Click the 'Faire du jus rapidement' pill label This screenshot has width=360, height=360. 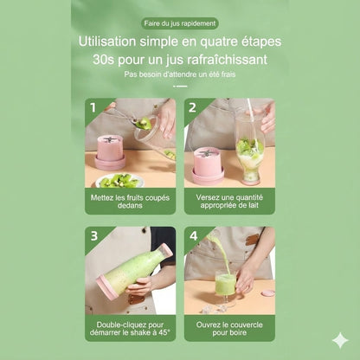179,23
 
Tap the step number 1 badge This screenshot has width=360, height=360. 94,108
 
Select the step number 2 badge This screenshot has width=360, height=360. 193,108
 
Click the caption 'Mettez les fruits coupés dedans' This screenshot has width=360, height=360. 130,202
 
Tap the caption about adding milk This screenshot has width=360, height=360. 228,202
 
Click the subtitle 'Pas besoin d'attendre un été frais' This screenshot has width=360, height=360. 179,74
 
